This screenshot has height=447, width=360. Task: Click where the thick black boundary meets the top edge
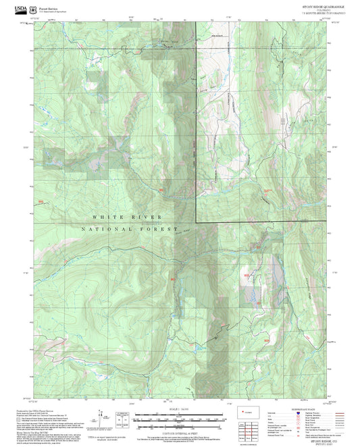(x=196, y=22)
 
